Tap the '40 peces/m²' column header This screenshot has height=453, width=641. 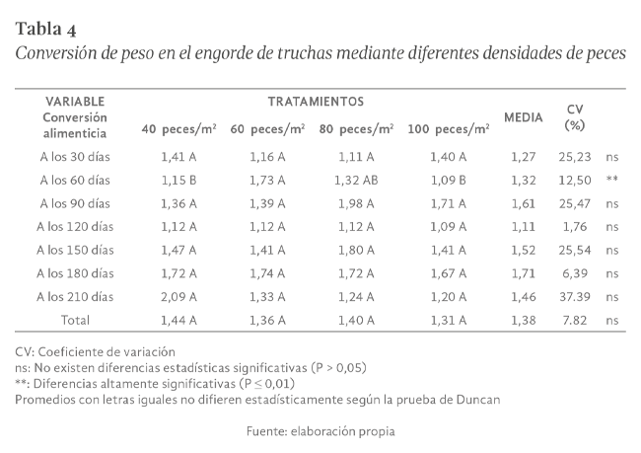point(178,129)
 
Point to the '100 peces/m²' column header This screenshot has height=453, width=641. point(449,129)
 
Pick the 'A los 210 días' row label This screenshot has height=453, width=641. point(75,296)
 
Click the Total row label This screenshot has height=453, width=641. point(75,320)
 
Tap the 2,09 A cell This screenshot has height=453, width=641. point(178,296)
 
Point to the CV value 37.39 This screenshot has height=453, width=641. point(574,296)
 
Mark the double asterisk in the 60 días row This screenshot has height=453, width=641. point(612,179)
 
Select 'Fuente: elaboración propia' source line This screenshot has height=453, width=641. point(320,431)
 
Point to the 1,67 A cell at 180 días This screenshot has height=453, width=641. point(449,272)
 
